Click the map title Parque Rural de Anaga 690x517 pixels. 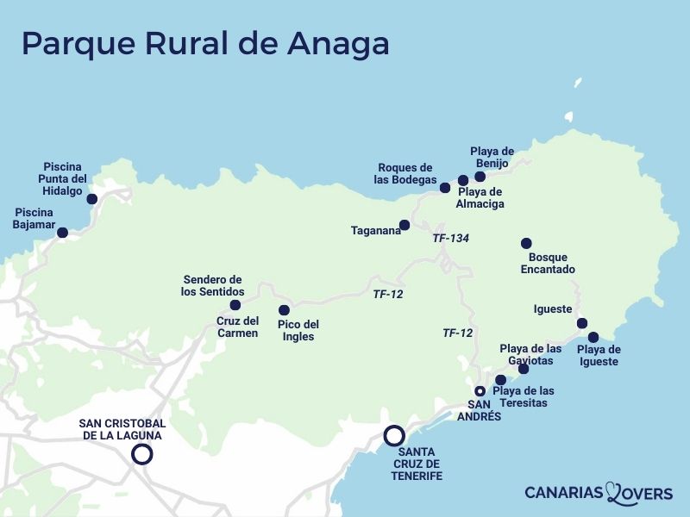pos(204,43)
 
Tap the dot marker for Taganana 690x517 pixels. pos(405,225)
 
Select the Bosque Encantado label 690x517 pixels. pos(548,264)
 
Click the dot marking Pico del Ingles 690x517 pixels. pos(284,310)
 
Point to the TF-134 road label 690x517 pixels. pos(450,237)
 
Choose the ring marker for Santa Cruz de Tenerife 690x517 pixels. pos(394,436)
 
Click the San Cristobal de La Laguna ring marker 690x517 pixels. pos(142,454)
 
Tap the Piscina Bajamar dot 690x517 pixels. pos(62,232)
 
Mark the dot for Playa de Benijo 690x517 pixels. pos(480,177)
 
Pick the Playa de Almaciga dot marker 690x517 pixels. pos(463,180)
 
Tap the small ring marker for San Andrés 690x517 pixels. pos(480,391)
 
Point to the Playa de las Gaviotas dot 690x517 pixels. pos(524,369)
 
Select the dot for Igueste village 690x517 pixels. pos(582,324)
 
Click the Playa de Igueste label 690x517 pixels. pos(598,356)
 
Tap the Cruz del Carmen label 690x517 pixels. pos(237,327)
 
